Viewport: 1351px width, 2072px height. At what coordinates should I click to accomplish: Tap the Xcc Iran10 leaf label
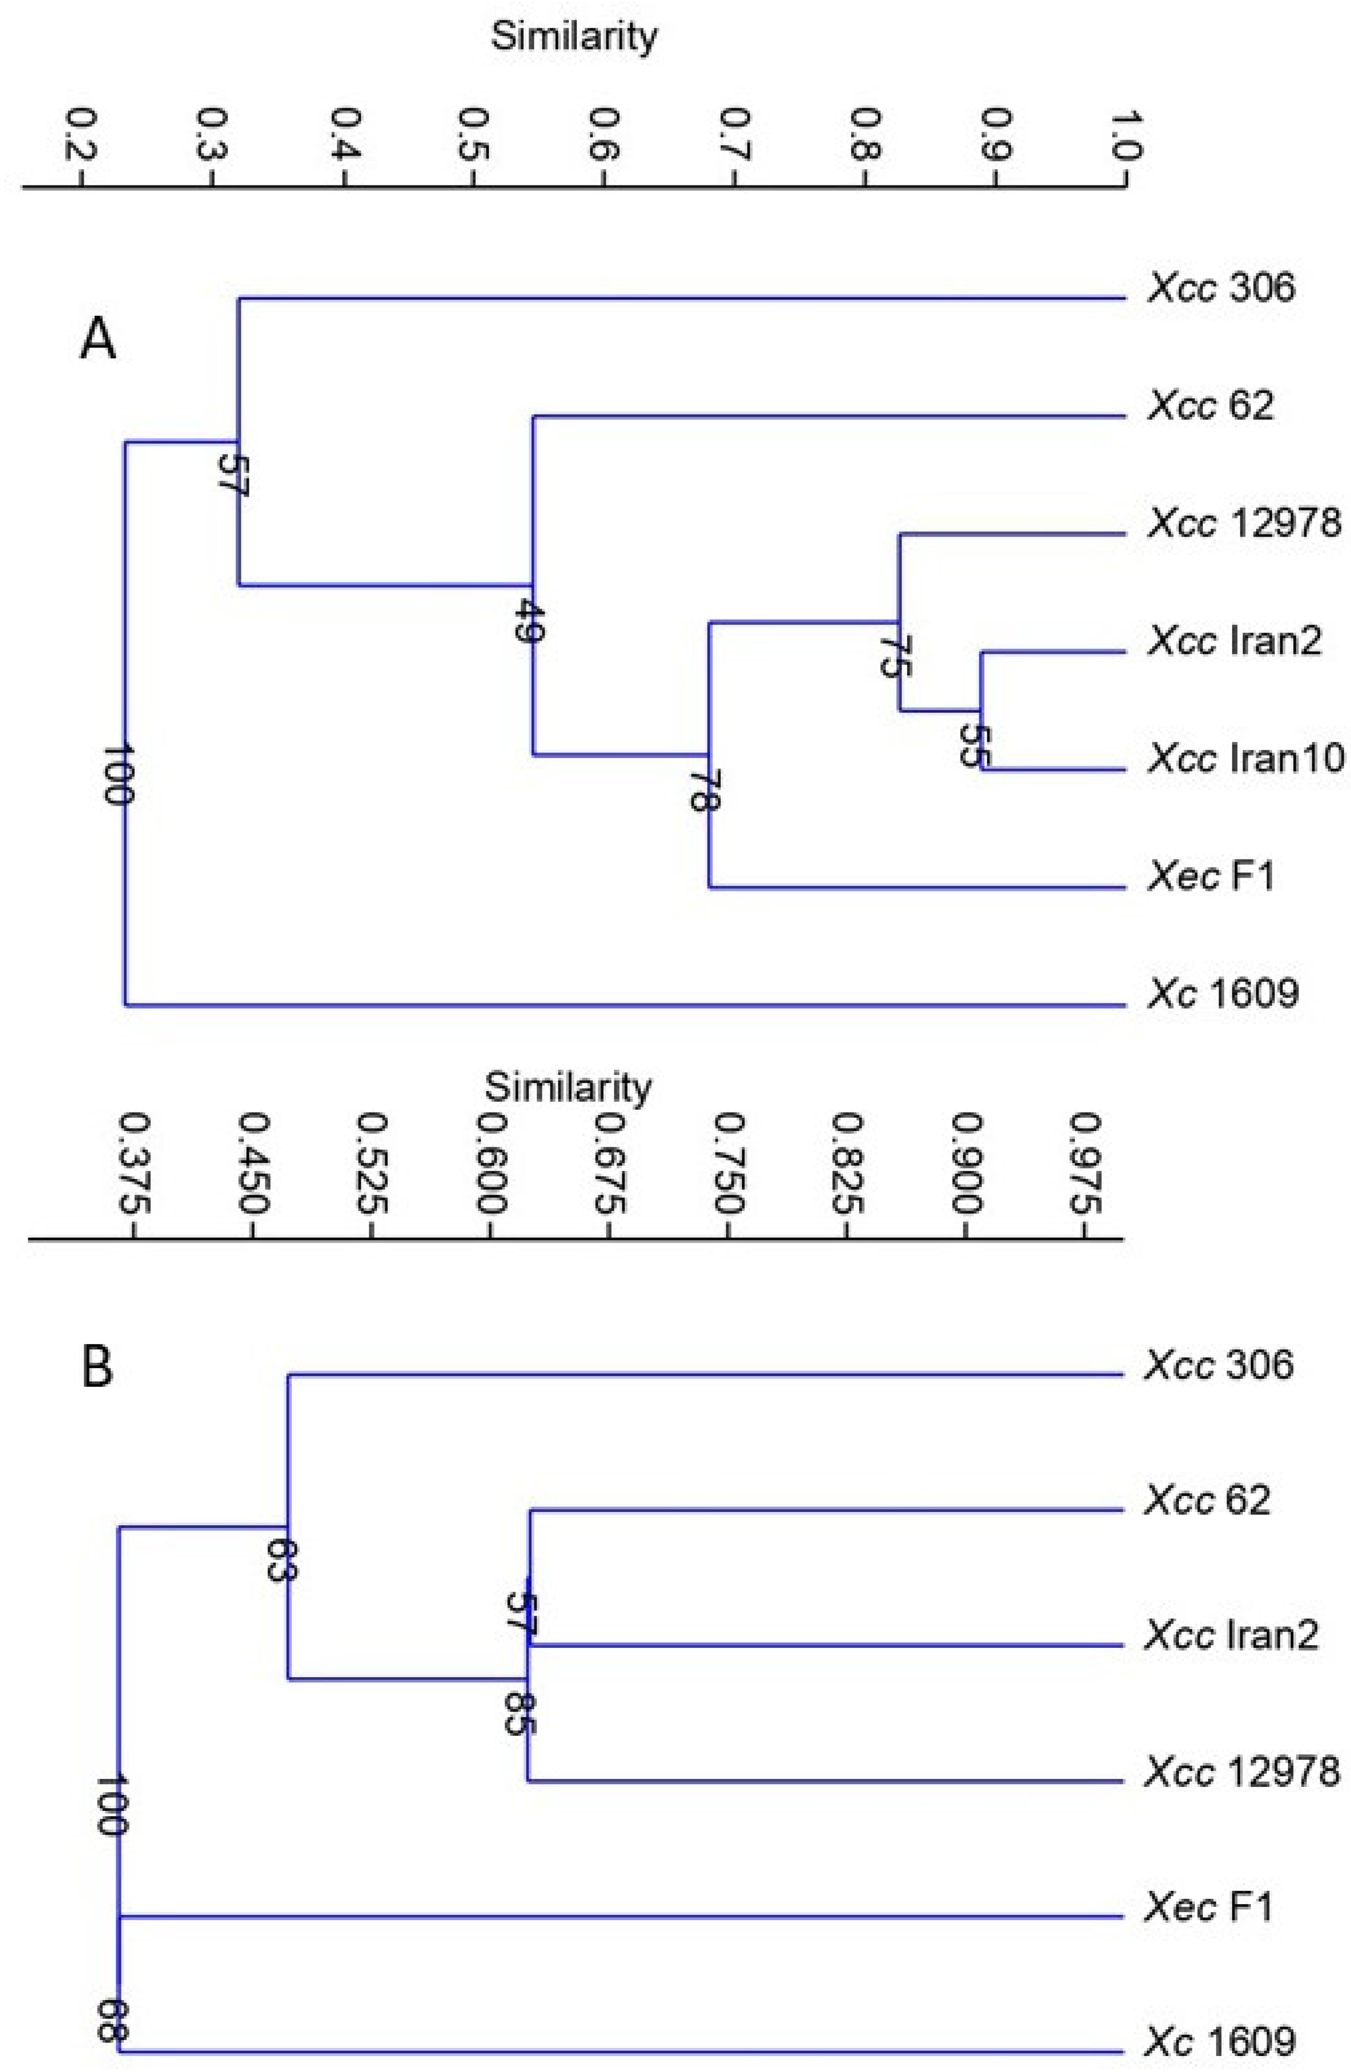[x=1246, y=758]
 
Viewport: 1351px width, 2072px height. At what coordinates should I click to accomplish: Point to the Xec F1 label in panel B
[x=1209, y=1907]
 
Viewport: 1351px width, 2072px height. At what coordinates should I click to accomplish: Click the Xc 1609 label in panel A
[x=1223, y=993]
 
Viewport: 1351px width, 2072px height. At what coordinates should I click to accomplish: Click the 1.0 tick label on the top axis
[x=1126, y=137]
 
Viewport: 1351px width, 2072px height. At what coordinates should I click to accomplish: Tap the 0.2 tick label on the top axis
[x=82, y=137]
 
